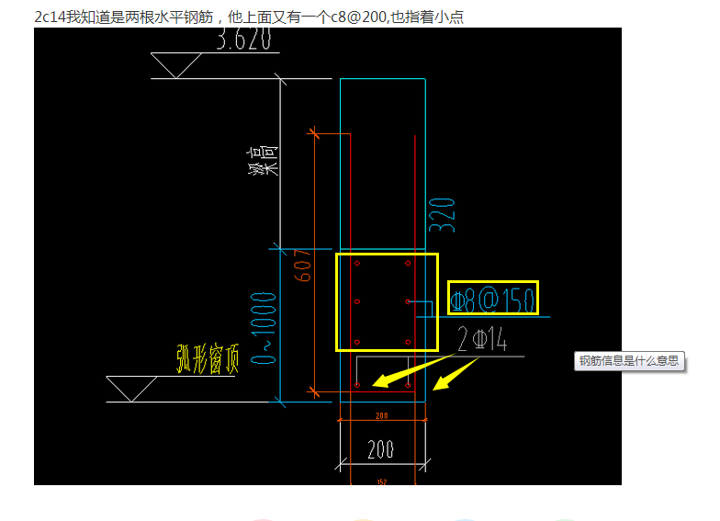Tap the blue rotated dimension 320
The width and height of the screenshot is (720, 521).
tap(442, 214)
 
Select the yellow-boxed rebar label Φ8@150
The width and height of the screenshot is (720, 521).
tap(492, 299)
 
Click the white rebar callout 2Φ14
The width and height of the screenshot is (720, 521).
tap(482, 340)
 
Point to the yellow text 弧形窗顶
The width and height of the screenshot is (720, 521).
tap(208, 359)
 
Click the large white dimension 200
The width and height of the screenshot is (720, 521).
tap(381, 449)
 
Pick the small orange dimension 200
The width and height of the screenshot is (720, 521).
tap(381, 415)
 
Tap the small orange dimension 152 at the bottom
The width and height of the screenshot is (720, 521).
tap(381, 481)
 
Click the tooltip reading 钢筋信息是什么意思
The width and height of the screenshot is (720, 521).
tap(630, 360)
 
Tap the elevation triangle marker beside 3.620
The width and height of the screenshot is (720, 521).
tap(174, 65)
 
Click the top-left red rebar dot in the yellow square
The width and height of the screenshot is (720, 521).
tap(357, 263)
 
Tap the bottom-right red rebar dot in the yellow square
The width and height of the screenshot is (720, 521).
tap(408, 342)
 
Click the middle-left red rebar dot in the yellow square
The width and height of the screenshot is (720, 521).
tap(357, 301)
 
